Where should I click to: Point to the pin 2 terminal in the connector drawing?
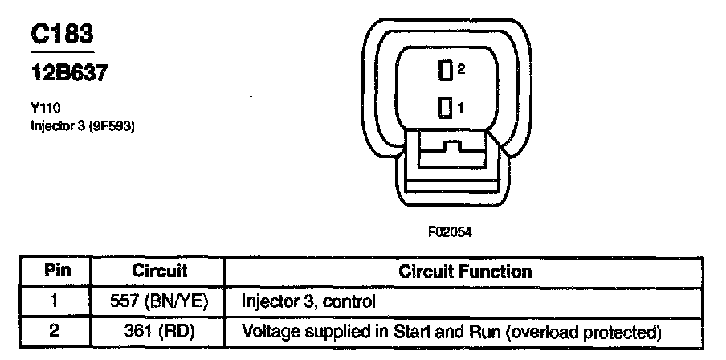coord(444,72)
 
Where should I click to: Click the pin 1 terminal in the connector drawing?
coord(444,107)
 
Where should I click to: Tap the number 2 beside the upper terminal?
coord(461,70)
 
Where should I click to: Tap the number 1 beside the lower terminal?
coord(460,106)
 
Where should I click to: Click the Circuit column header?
coord(159,271)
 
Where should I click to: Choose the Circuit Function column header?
coord(465,271)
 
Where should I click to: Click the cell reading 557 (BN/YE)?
coord(159,301)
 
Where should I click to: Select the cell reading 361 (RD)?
coord(159,330)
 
